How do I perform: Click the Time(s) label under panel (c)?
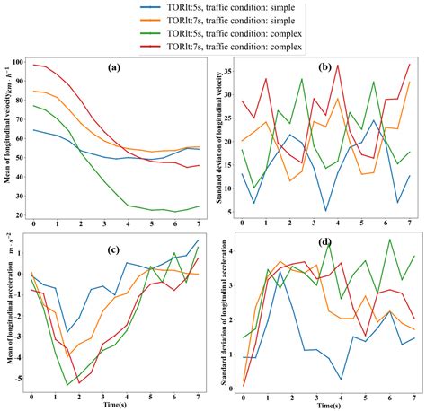coord(116,406)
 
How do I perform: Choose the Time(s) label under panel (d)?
coord(326,406)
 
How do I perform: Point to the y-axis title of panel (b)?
coord(218,135)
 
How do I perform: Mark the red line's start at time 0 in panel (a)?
coord(33,65)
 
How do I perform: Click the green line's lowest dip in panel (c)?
coord(67,385)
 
